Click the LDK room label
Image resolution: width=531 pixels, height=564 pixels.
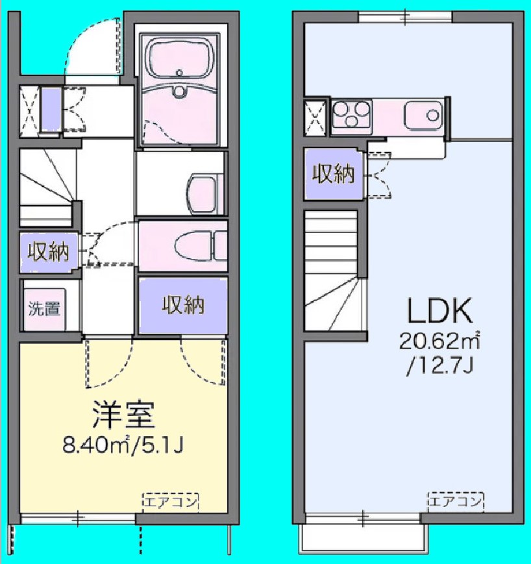coord(439,312)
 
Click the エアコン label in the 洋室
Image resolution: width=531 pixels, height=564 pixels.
coord(170,501)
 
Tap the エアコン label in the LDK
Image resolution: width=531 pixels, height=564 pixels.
coord(456,501)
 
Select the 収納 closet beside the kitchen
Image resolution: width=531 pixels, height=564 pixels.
coord(334,174)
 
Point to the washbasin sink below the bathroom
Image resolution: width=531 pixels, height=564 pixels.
coord(201,192)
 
